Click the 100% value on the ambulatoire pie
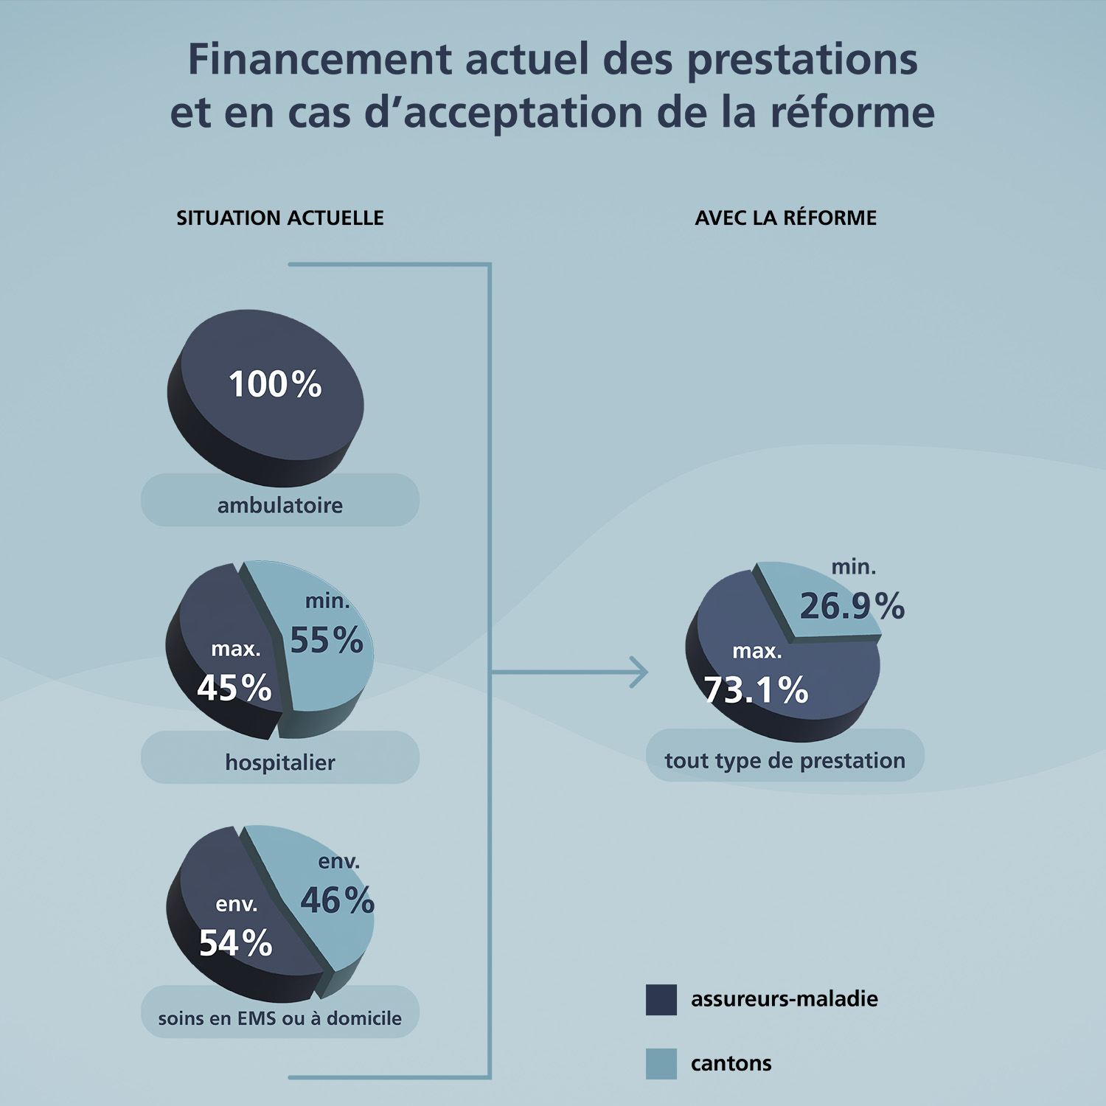[x=275, y=384]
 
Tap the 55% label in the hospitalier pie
[x=327, y=640]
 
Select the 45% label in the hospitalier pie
[x=234, y=688]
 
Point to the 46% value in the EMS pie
[x=338, y=900]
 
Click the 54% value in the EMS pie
[x=236, y=943]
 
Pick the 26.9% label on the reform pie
[x=852, y=606]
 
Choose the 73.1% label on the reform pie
[x=757, y=690]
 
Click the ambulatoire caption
[x=280, y=505]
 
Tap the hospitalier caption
[x=280, y=762]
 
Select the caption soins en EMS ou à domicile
[x=280, y=1018]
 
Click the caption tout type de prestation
[x=785, y=760]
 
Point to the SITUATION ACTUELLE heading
[x=280, y=218]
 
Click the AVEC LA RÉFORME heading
[x=786, y=218]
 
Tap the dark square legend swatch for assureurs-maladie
[x=661, y=1000]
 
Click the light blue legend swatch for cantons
[x=661, y=1063]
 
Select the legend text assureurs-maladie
[x=785, y=999]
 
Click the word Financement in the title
[x=319, y=59]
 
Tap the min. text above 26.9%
[x=854, y=567]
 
